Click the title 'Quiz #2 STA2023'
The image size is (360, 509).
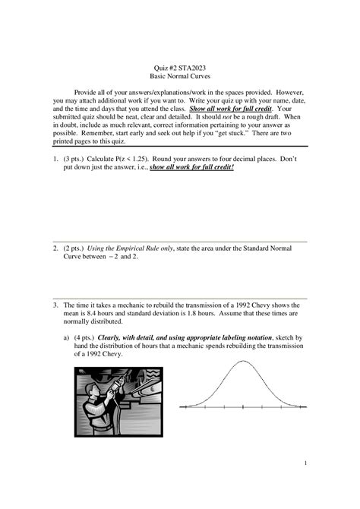(180, 68)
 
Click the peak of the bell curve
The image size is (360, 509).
(242, 361)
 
